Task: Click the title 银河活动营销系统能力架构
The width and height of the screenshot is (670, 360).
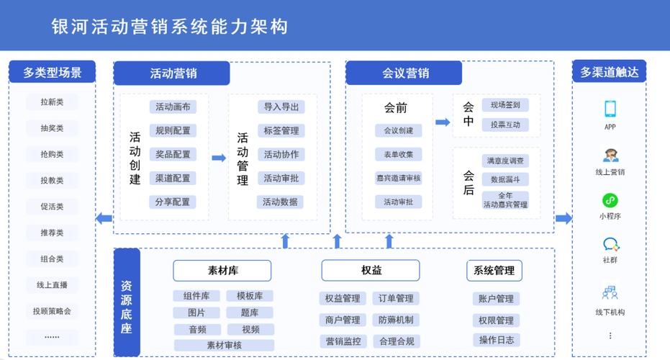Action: click(170, 26)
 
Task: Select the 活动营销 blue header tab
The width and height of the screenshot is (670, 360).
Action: click(172, 73)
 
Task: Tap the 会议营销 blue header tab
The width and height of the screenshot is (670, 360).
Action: click(404, 73)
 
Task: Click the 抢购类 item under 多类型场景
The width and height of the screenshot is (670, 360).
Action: click(52, 154)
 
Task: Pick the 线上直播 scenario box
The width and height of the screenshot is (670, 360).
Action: click(52, 285)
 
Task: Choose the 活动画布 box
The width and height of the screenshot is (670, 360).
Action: click(173, 107)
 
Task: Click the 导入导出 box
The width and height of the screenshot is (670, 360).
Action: click(281, 107)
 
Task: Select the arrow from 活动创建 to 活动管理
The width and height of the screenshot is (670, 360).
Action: click(219, 158)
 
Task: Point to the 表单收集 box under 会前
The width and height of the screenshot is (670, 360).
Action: click(398, 154)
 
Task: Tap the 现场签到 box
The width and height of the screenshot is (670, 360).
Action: click(504, 105)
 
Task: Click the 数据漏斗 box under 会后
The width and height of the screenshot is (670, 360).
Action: click(504, 179)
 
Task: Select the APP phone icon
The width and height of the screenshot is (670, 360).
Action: click(610, 109)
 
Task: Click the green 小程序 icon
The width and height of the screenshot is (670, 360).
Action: click(610, 201)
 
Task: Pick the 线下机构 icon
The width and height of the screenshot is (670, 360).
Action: click(610, 293)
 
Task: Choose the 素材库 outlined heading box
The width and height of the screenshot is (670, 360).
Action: click(222, 271)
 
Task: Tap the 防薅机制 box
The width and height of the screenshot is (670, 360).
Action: click(396, 320)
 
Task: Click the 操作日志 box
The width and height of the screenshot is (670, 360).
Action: click(496, 340)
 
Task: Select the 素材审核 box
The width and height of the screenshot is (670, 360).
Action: click(224, 345)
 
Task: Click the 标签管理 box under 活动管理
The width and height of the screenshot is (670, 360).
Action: click(281, 131)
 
